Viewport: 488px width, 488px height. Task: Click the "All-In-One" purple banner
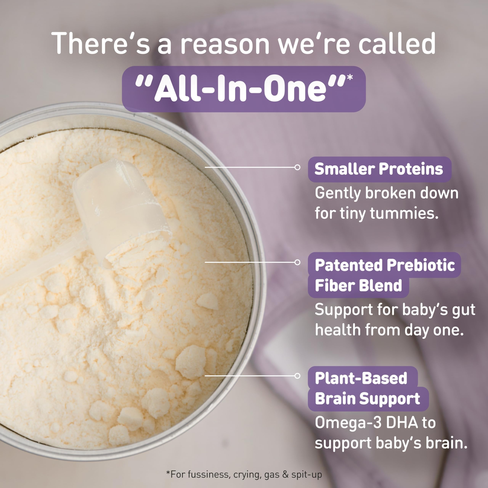click(244, 89)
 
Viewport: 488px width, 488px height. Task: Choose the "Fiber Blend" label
click(358, 285)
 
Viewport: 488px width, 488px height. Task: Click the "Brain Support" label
click(368, 399)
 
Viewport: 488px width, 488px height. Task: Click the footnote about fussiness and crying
click(244, 474)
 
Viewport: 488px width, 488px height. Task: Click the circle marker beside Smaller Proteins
click(297, 167)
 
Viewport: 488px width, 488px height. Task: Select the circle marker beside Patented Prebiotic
click(297, 262)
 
